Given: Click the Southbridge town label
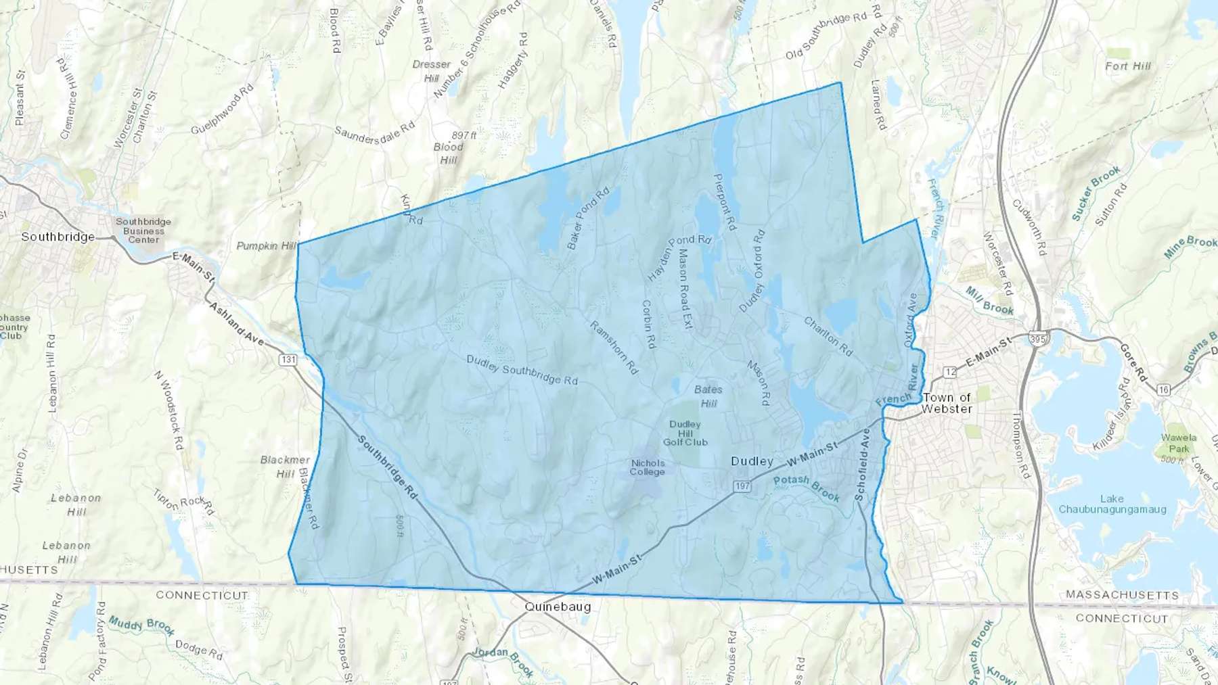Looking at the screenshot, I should coord(58,237).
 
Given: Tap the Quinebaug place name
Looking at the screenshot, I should coord(558,607).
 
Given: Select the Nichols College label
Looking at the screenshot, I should coord(648,467).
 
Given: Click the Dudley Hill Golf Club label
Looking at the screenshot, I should coord(685,433).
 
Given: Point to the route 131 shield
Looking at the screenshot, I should coord(289,359).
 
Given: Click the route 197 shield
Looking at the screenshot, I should coord(742,486).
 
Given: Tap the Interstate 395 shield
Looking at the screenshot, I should coord(1037,337).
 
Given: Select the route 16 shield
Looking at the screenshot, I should coord(1164,389).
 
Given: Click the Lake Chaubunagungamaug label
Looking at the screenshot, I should coord(1112,504).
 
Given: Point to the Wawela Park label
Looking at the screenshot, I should coord(1179,443).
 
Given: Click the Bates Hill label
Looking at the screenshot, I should coord(708,396).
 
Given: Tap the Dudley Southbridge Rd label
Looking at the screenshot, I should coord(522,370).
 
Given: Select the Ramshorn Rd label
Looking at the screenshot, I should coord(614,347).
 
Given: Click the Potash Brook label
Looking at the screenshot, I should coord(807,487).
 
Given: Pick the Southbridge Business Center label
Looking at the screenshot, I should coord(143,231).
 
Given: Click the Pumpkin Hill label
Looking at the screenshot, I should coord(266,246).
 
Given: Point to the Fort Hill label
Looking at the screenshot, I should coord(1128,66).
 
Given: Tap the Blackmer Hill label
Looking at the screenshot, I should coord(285,467).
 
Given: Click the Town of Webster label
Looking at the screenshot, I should coord(947,403).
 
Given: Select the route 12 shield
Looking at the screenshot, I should coord(950,371).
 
